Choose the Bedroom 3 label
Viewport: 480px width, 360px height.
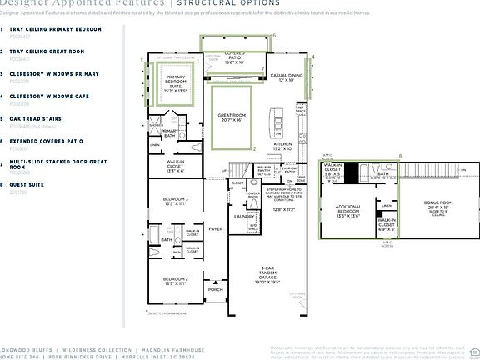(x=176, y=201)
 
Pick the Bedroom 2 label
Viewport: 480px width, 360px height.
(x=176, y=280)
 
